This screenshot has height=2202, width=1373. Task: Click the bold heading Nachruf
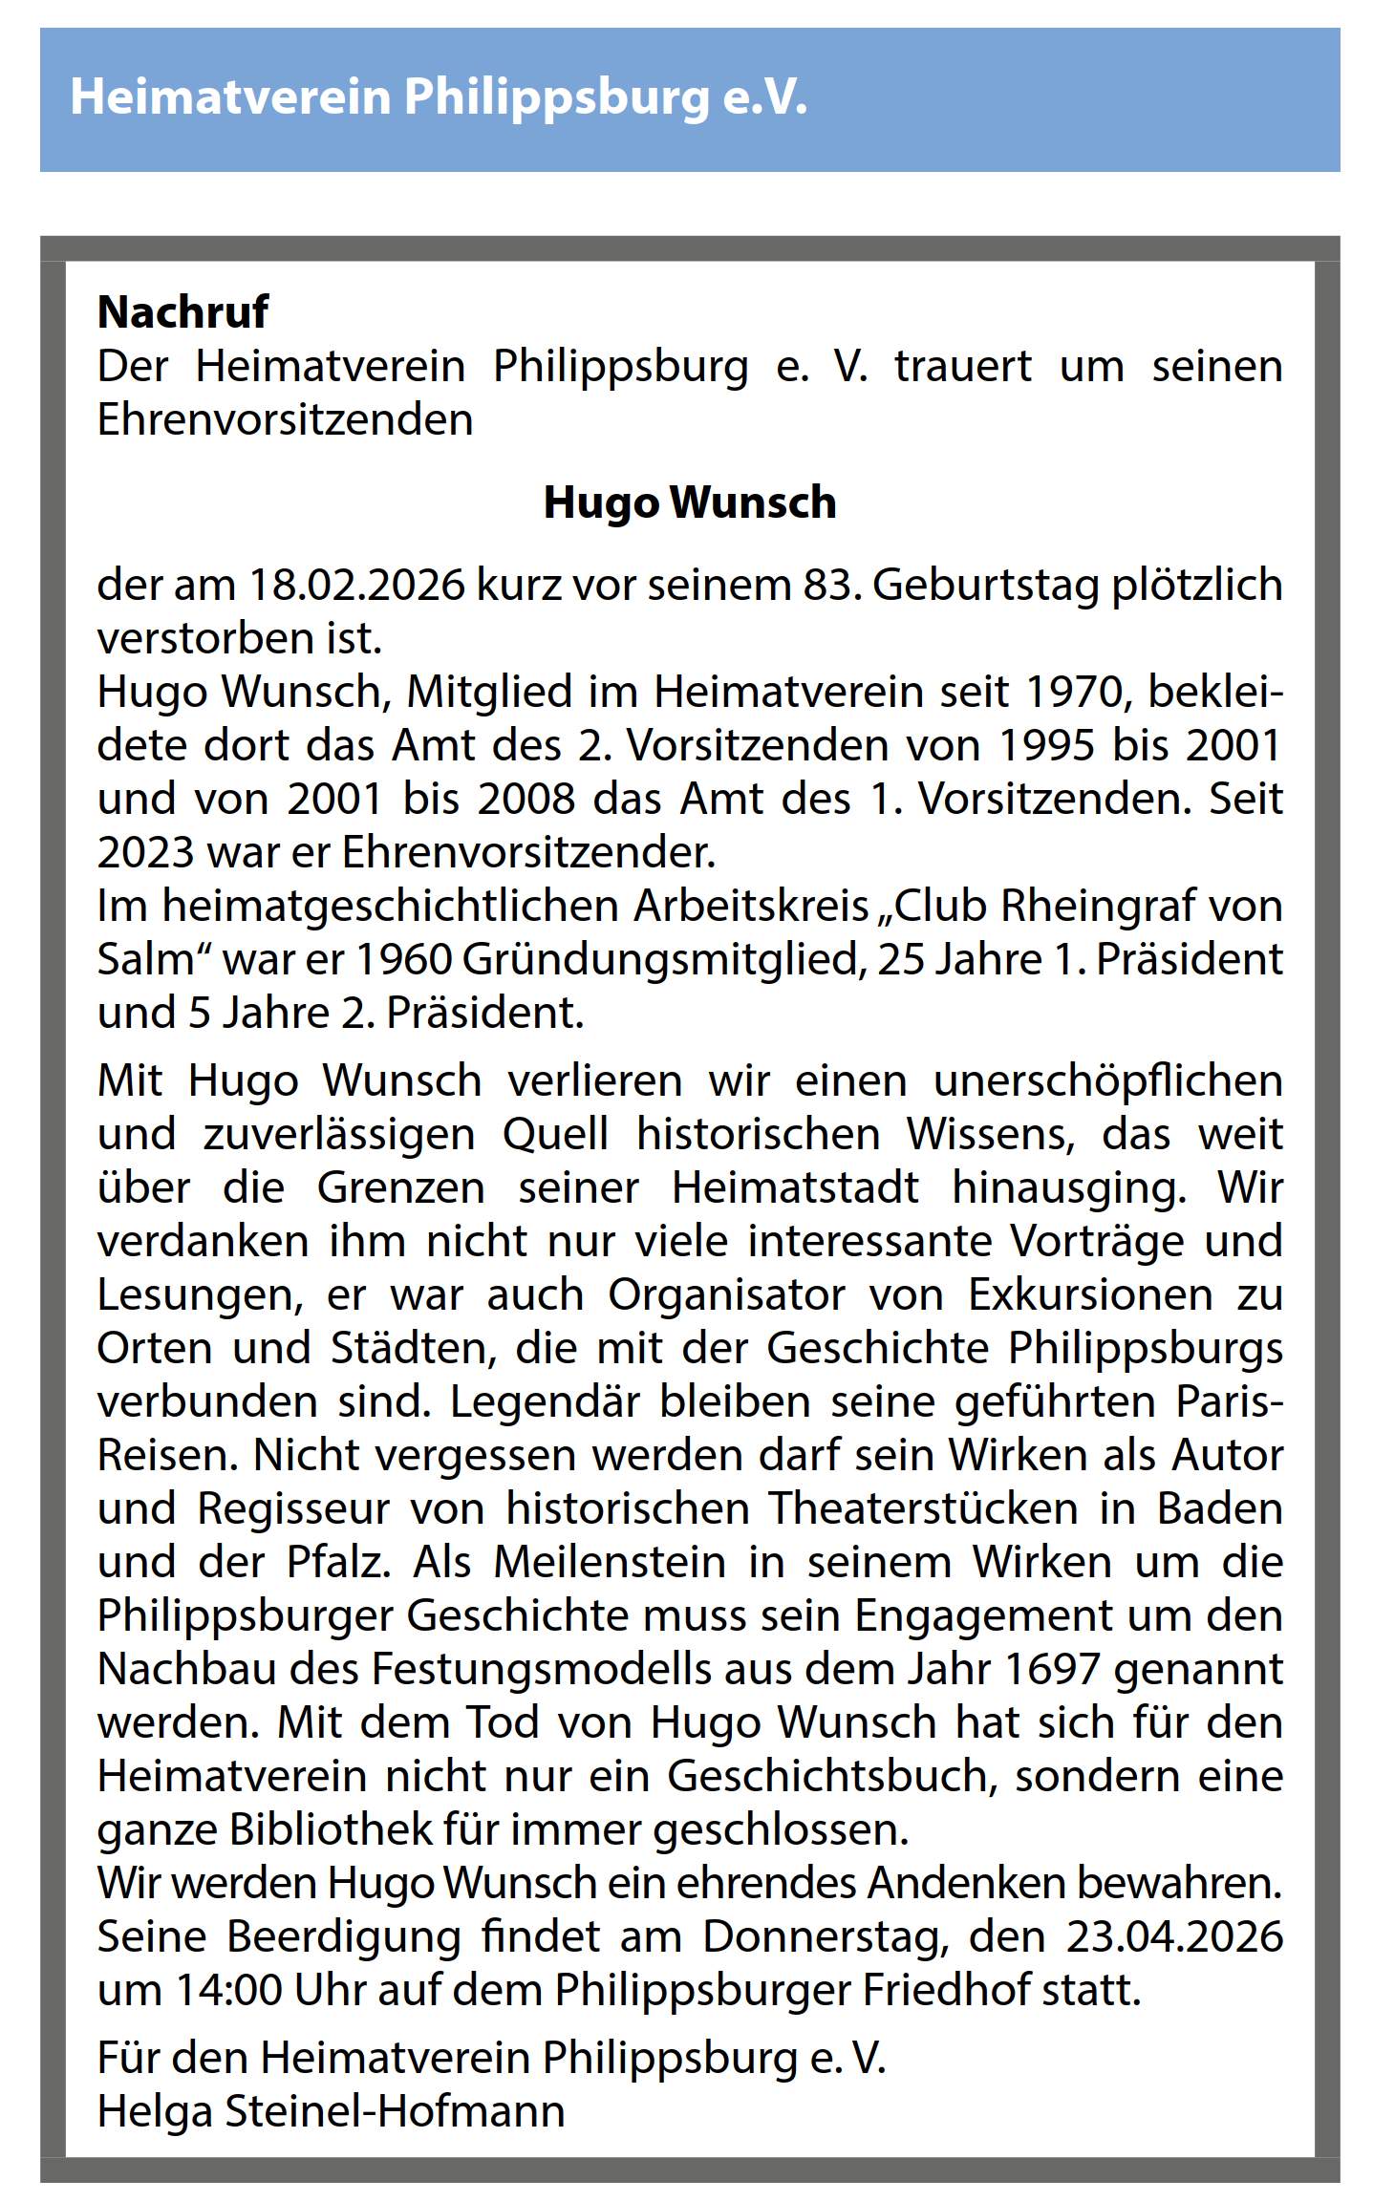coord(182,312)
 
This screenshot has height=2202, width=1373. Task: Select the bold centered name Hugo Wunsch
coord(689,502)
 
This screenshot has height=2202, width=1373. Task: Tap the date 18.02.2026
coord(357,585)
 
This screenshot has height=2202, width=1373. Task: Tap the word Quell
coord(555,1135)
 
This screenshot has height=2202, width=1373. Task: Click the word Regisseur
coord(293,1509)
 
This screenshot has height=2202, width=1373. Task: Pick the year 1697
coord(1053,1670)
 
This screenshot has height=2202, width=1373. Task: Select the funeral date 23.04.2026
coord(1174,1937)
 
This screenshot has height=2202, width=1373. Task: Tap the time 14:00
coord(229,1991)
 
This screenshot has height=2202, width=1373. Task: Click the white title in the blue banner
coord(439,98)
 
